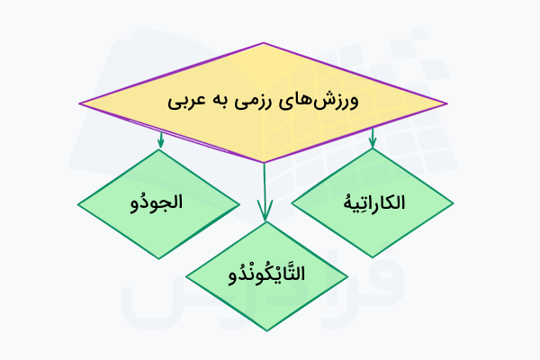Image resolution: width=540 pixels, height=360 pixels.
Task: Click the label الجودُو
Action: click(x=157, y=202)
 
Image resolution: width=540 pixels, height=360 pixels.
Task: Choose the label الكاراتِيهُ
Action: click(x=374, y=202)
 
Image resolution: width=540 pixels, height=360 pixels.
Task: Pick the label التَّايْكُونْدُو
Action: click(x=267, y=274)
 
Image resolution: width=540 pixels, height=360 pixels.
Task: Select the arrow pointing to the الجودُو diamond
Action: click(x=160, y=139)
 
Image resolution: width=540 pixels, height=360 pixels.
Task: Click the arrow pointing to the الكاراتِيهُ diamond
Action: click(x=373, y=138)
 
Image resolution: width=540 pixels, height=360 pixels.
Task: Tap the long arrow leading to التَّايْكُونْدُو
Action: click(x=265, y=192)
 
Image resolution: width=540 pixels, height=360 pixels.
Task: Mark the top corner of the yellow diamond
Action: click(x=264, y=43)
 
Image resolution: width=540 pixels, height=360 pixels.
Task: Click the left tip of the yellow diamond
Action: click(x=79, y=103)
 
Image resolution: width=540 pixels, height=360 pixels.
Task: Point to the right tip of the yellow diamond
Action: click(x=447, y=103)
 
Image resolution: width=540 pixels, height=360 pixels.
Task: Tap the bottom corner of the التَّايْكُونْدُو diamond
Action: click(x=267, y=330)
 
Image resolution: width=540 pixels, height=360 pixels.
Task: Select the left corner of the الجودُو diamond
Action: click(x=78, y=204)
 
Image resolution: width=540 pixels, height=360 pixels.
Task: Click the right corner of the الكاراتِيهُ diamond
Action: click(x=453, y=203)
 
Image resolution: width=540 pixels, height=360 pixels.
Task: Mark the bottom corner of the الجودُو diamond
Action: click(x=159, y=258)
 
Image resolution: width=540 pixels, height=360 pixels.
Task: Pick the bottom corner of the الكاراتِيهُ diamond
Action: click(x=373, y=257)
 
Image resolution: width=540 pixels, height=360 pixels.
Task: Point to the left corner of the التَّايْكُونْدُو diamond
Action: click(x=186, y=276)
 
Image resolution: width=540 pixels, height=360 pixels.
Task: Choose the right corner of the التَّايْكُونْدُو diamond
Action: click(x=347, y=276)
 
